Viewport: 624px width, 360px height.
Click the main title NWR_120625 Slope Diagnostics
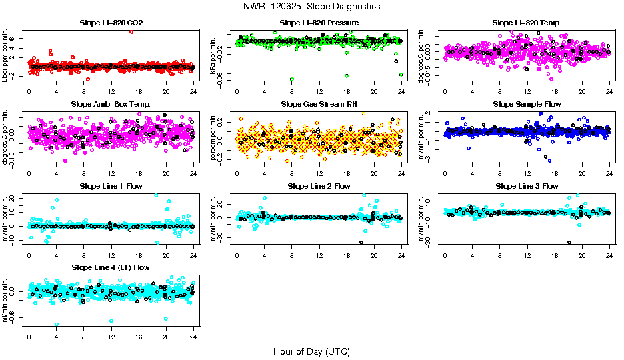pos(311,7)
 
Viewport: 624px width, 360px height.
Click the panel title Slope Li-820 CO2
pos(111,23)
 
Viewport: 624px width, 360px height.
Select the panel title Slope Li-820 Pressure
pos(319,23)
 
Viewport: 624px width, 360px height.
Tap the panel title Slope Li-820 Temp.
pos(527,23)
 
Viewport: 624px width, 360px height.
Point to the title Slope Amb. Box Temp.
pos(111,105)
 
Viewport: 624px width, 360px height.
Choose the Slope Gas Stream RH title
pos(319,105)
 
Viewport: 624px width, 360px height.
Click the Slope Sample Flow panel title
pos(527,105)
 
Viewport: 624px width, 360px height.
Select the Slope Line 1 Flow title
pos(111,186)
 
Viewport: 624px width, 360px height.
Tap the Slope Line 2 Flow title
pos(319,186)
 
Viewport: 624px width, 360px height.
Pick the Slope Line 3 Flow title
pos(527,186)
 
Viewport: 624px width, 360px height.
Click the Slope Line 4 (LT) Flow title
pos(111,267)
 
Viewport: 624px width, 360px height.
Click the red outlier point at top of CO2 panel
pos(131,31)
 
